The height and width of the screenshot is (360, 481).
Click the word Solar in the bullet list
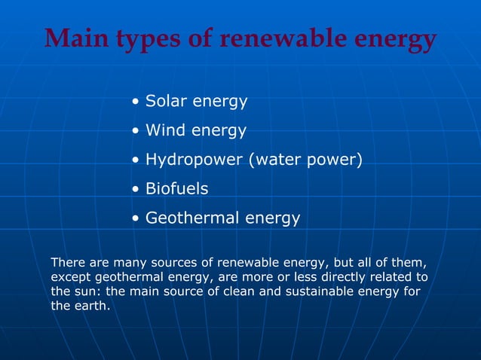[165, 100]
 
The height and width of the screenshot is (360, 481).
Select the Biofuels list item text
[176, 189]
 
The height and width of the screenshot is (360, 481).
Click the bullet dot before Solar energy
[134, 101]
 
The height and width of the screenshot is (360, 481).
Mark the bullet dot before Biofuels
[134, 190]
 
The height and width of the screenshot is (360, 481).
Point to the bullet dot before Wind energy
[134, 131]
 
